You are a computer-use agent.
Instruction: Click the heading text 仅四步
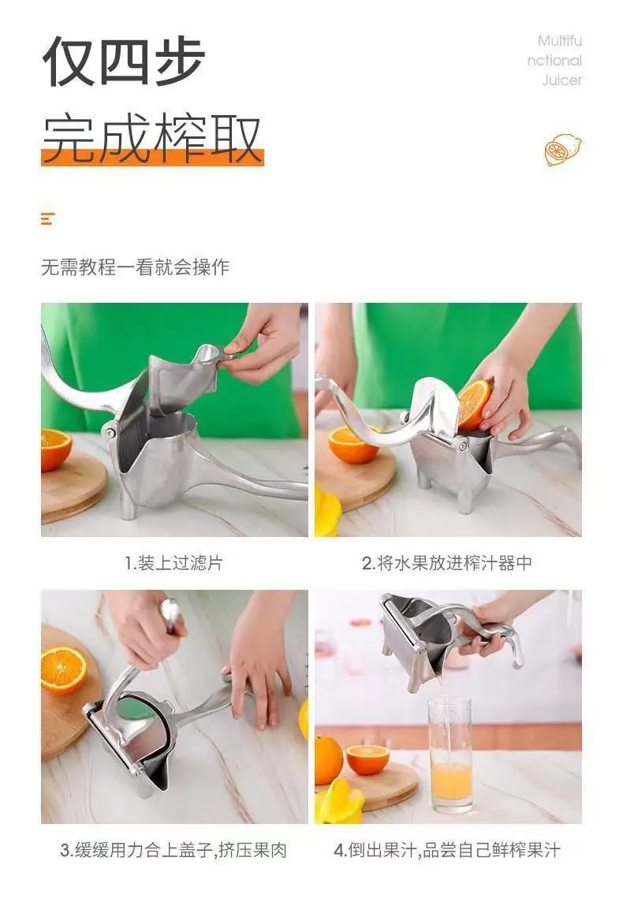point(124,62)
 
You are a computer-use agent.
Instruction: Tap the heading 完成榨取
point(152,139)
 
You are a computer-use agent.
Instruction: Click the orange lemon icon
point(562,150)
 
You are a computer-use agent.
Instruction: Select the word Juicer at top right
point(561,80)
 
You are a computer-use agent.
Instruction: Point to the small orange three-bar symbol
point(47,219)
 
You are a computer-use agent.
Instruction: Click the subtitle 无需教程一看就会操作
point(135,267)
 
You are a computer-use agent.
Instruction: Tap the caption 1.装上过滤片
point(174,563)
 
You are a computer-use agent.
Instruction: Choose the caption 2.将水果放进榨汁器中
point(446,563)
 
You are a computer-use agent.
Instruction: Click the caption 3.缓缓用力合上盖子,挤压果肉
point(173,850)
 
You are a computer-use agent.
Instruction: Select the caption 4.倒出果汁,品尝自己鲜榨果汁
point(446,850)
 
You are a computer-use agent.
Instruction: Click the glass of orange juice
point(450,754)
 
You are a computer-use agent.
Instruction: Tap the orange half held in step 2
point(473,405)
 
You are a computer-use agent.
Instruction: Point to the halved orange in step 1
point(55,449)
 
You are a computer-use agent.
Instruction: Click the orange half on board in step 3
point(63,669)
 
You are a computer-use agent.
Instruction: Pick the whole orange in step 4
point(328,760)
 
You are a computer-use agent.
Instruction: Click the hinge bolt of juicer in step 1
point(110,431)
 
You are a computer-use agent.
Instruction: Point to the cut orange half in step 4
point(367,759)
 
